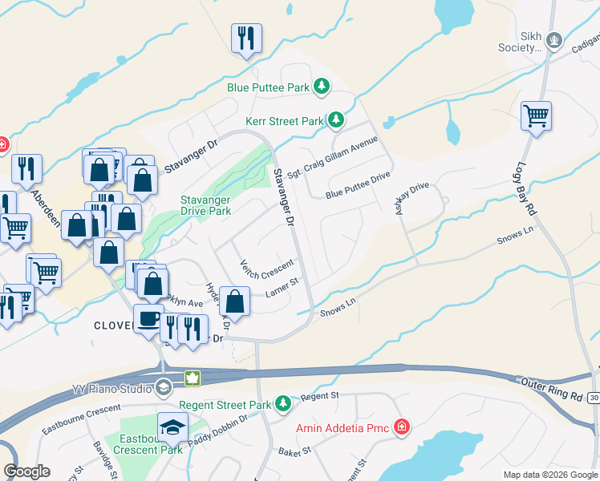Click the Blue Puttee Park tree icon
[x=322, y=86]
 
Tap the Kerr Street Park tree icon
[x=337, y=121]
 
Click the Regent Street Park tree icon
[x=282, y=404]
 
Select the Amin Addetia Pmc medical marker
[x=401, y=428]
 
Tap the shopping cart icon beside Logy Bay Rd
[x=536, y=115]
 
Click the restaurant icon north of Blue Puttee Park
[x=246, y=37]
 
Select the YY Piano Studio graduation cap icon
[x=163, y=389]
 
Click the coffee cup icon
[x=148, y=318]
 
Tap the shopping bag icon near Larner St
[x=235, y=301]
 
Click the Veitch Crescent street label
[x=268, y=269]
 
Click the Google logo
[x=26, y=471]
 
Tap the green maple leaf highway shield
[x=192, y=378]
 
